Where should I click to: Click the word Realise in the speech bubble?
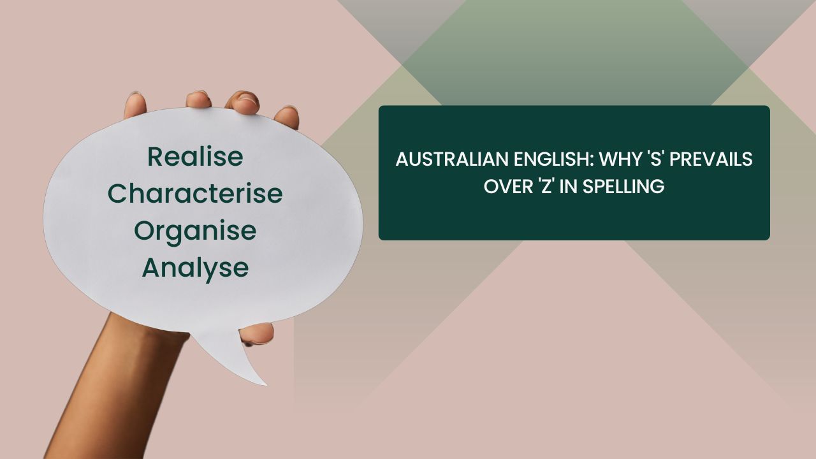(195, 156)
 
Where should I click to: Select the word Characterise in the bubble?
(195, 194)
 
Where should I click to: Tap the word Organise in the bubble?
(195, 231)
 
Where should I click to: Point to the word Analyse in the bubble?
(195, 268)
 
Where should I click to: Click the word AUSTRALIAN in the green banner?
(447, 159)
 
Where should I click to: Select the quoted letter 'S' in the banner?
(656, 159)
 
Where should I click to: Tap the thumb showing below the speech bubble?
(258, 333)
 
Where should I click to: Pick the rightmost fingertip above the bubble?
(287, 117)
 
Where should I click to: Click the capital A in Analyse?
(150, 268)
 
